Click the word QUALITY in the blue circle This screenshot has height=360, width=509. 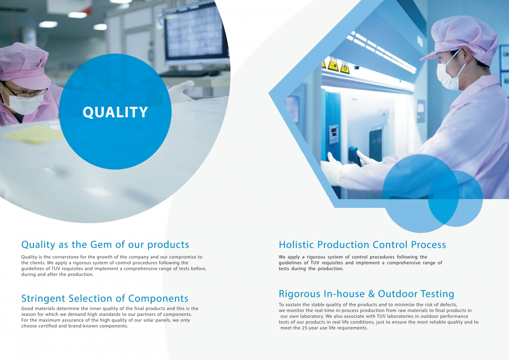pos(115,112)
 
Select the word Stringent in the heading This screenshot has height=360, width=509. pos(43,299)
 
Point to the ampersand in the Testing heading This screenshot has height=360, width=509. pos(371,294)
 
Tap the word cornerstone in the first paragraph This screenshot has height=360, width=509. pos(66,257)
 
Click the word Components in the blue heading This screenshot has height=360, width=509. pos(158,299)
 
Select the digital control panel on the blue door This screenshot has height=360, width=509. pos(334,135)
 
